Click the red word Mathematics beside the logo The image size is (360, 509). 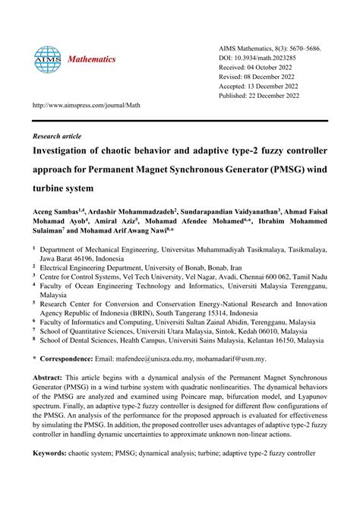pyautogui.click(x=93, y=59)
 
